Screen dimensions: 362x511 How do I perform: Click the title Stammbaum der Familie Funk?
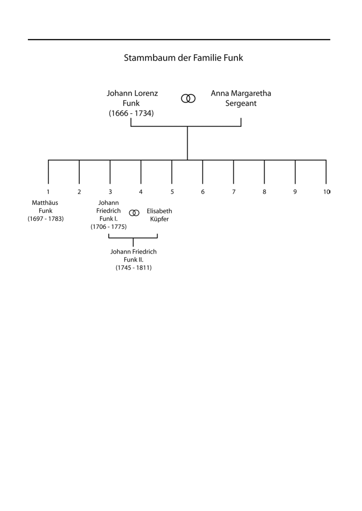(183, 58)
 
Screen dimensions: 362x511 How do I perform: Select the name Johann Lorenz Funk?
(132, 98)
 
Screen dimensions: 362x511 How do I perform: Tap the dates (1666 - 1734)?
(131, 113)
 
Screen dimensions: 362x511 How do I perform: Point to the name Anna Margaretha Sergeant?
(241, 98)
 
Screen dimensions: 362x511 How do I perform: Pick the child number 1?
(48, 192)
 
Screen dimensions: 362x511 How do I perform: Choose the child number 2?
(79, 192)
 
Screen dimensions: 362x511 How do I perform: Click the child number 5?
(172, 192)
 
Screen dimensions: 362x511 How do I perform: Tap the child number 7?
(234, 192)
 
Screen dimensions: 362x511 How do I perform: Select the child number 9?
(295, 192)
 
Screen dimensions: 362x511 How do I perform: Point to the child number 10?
(327, 192)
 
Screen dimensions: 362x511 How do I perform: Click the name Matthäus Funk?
(45, 207)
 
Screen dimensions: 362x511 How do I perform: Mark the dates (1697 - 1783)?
(46, 219)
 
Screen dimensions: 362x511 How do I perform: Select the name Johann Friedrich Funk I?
(108, 211)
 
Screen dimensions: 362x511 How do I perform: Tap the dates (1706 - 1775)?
(109, 227)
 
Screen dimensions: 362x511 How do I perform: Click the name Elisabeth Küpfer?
(159, 215)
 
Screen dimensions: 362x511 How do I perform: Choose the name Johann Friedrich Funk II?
(134, 255)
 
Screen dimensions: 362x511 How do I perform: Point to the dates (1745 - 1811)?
(134, 268)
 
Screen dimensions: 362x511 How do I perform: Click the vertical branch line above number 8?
(264, 172)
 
